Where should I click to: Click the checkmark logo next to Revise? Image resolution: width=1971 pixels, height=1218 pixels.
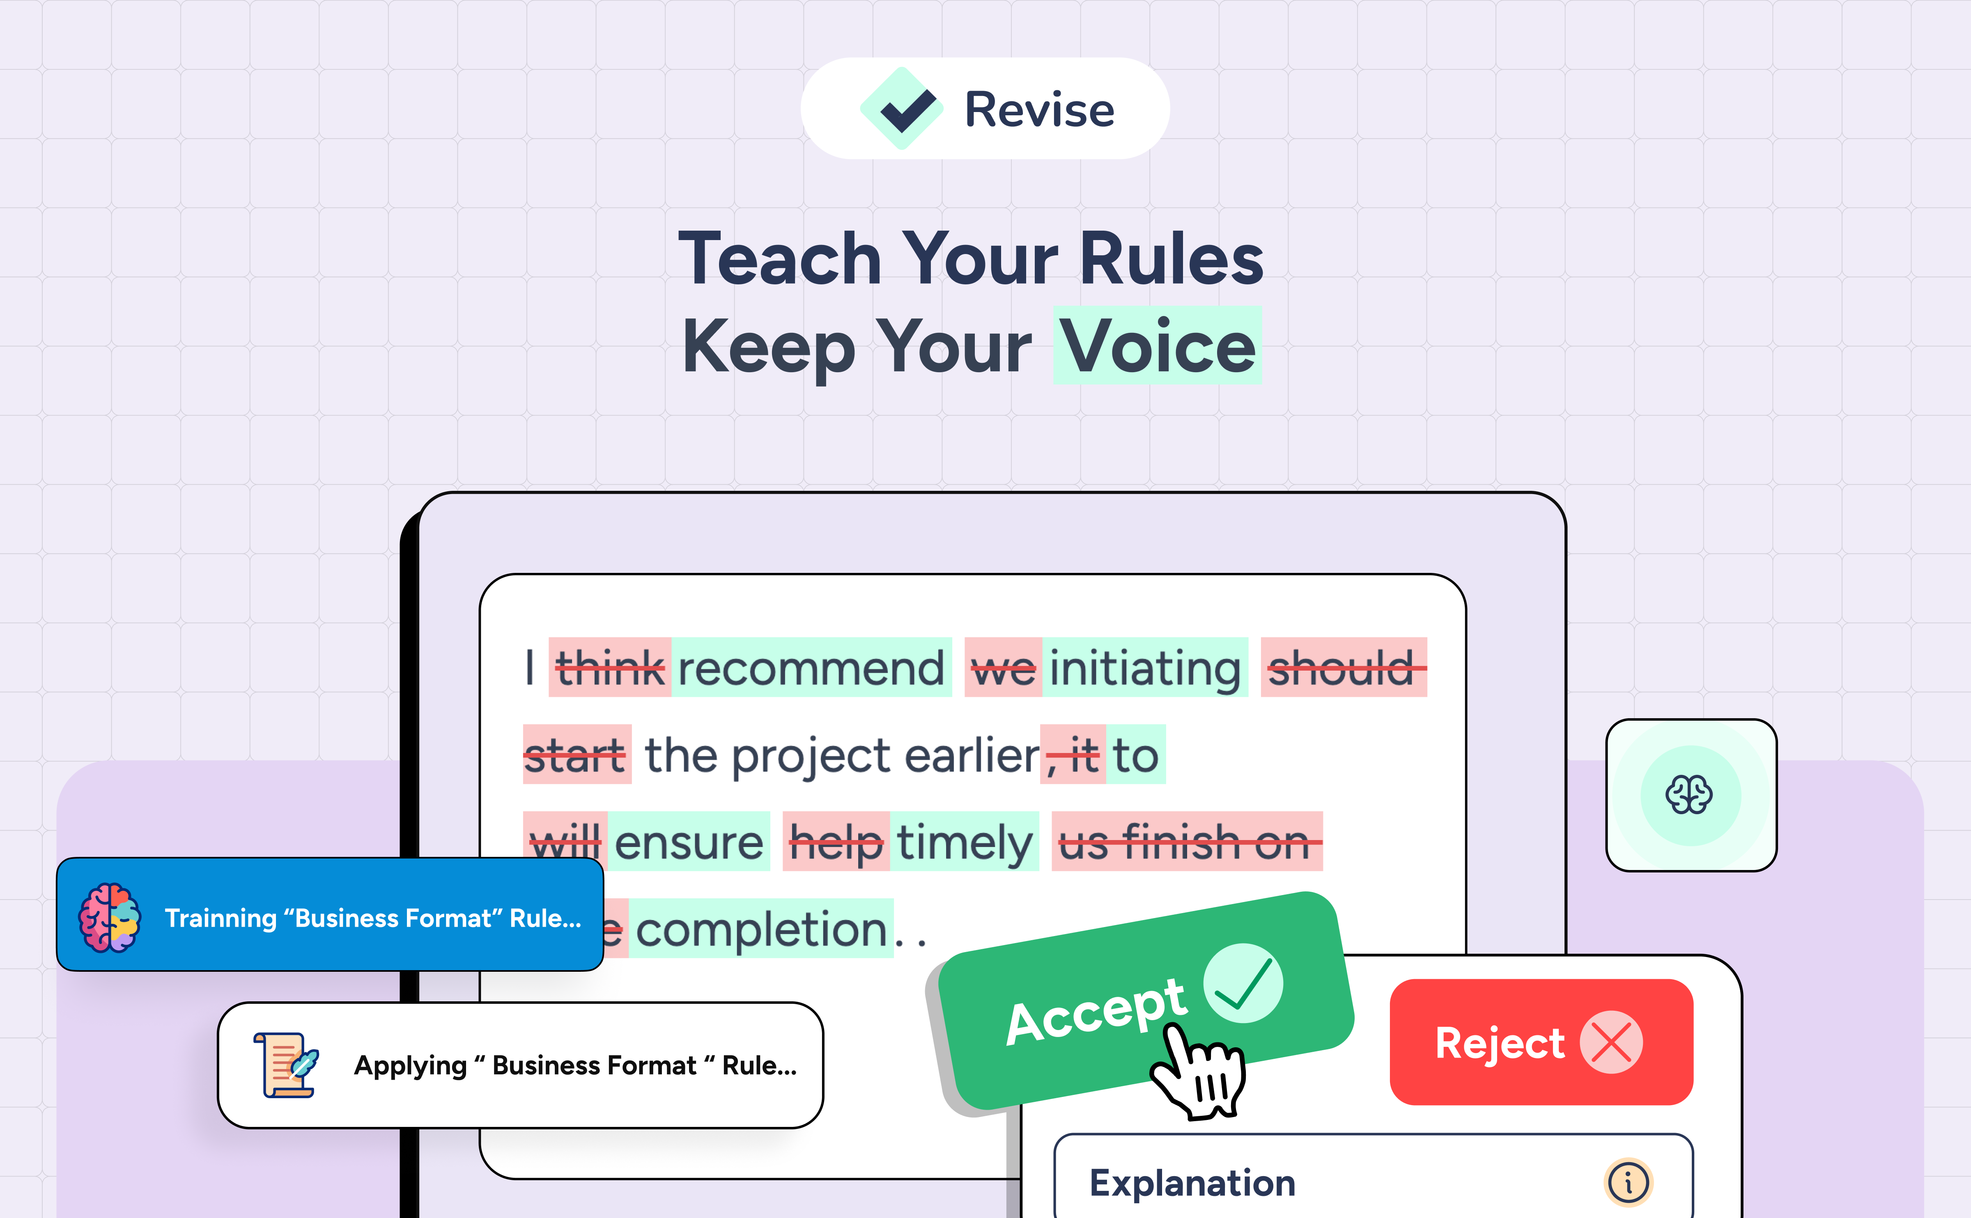tap(903, 109)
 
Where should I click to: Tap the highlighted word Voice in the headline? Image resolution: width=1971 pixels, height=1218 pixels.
tap(1157, 346)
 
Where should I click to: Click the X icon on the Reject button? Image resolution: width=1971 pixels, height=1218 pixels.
tap(1611, 1042)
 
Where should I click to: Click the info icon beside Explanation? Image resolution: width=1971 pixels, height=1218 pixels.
tap(1628, 1183)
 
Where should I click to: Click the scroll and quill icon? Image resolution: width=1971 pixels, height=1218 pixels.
tap(286, 1065)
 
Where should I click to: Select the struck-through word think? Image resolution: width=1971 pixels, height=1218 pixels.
tap(610, 668)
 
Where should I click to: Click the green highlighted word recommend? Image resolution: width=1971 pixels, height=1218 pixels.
tap(811, 668)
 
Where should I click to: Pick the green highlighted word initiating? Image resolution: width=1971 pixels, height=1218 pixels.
tap(1144, 668)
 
